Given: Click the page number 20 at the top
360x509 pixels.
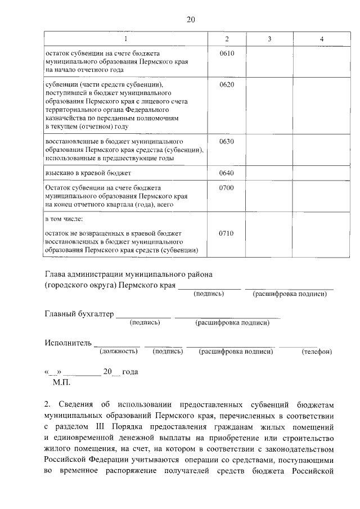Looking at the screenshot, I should (190, 20).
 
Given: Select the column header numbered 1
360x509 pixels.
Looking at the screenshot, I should (125, 38).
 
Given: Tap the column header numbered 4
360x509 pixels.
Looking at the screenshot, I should (321, 38).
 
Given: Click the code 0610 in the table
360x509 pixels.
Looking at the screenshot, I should (227, 53).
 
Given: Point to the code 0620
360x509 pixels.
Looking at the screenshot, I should (227, 85).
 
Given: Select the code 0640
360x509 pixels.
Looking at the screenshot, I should (227, 173).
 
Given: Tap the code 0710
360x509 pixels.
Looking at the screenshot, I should (227, 233).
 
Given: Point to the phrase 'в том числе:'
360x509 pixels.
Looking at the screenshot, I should (64, 218).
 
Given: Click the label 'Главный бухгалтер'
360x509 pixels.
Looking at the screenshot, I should (79, 314).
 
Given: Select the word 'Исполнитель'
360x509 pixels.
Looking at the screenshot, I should (67, 343).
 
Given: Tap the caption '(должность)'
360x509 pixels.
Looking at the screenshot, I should (119, 352).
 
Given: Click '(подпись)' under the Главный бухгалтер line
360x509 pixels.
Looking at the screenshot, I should (145, 322).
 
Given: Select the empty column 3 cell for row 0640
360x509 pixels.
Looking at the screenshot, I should (269, 173).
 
